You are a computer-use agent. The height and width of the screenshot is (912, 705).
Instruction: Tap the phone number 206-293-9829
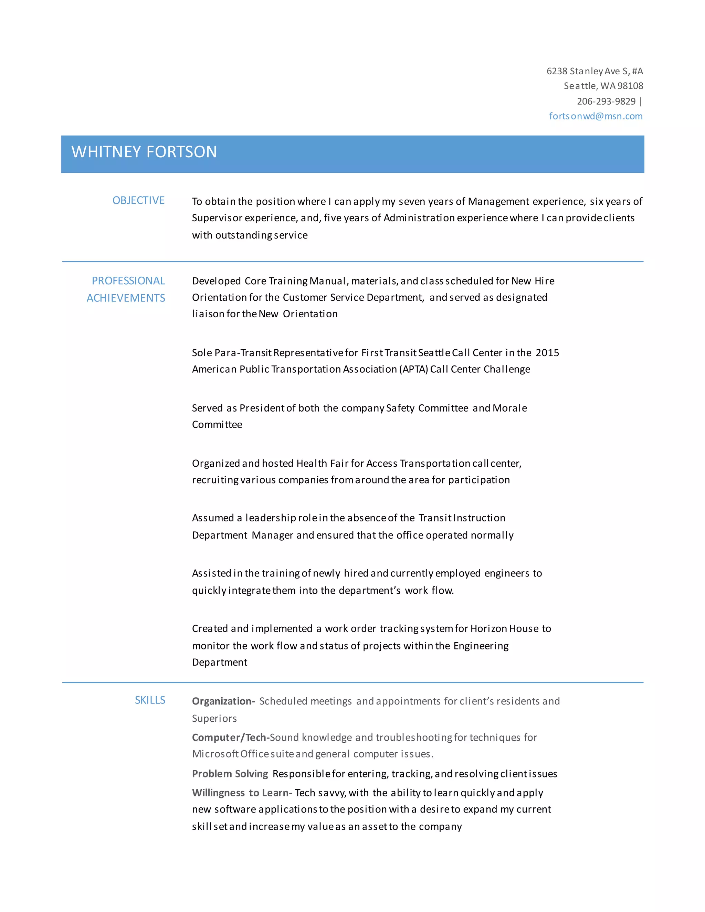pyautogui.click(x=606, y=101)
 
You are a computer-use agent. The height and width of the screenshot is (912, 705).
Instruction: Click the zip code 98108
pyautogui.click(x=630, y=86)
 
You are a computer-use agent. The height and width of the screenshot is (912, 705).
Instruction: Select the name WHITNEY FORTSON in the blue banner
pyautogui.click(x=144, y=152)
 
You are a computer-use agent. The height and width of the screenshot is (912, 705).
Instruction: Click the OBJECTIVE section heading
pyautogui.click(x=138, y=200)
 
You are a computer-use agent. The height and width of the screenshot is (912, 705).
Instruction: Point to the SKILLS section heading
pyautogui.click(x=150, y=700)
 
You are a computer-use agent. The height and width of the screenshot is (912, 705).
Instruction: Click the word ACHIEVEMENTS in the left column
pyautogui.click(x=126, y=298)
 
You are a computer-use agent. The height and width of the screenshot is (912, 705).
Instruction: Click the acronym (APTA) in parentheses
pyautogui.click(x=413, y=369)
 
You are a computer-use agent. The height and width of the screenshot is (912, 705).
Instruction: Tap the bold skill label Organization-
pyautogui.click(x=223, y=701)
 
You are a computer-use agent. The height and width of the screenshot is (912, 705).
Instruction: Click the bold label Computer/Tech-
pyautogui.click(x=231, y=738)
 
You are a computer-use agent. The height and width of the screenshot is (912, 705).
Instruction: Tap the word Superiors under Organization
pyautogui.click(x=214, y=719)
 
